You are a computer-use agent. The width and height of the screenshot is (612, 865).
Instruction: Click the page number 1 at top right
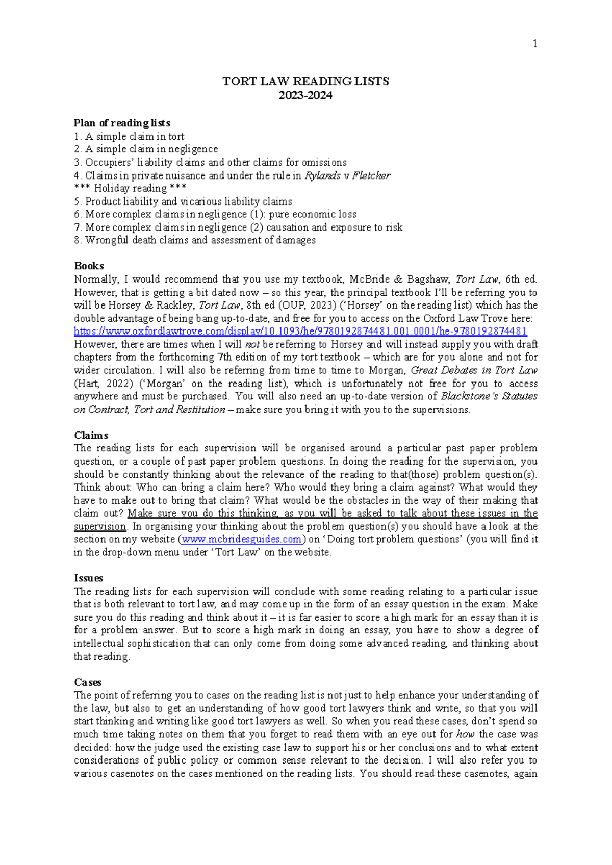[534, 44]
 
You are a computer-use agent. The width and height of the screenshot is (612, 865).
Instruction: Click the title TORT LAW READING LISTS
[305, 81]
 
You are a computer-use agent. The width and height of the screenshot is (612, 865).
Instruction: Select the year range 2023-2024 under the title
[305, 95]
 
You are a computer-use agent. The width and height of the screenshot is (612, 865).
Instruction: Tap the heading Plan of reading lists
[122, 123]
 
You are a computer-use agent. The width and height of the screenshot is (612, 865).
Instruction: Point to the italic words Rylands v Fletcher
[347, 175]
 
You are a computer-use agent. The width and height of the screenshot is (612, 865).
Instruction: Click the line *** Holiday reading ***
[130, 188]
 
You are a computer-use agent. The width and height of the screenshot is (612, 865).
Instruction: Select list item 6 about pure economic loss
[215, 214]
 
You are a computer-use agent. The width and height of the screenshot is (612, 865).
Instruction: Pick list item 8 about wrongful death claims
[195, 240]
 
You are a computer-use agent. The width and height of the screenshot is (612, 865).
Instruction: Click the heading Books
[89, 266]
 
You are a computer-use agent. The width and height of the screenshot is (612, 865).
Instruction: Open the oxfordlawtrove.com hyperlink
[300, 331]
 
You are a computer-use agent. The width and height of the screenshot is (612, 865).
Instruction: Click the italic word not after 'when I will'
[252, 344]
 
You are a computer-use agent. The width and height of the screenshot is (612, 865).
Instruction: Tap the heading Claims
[91, 435]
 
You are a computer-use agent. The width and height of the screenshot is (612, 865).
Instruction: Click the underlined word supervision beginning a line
[99, 526]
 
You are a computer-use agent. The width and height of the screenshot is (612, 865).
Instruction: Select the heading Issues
[88, 578]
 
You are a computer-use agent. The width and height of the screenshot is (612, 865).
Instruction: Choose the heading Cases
[88, 682]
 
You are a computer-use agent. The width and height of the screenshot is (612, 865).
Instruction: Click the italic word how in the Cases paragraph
[465, 734]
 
